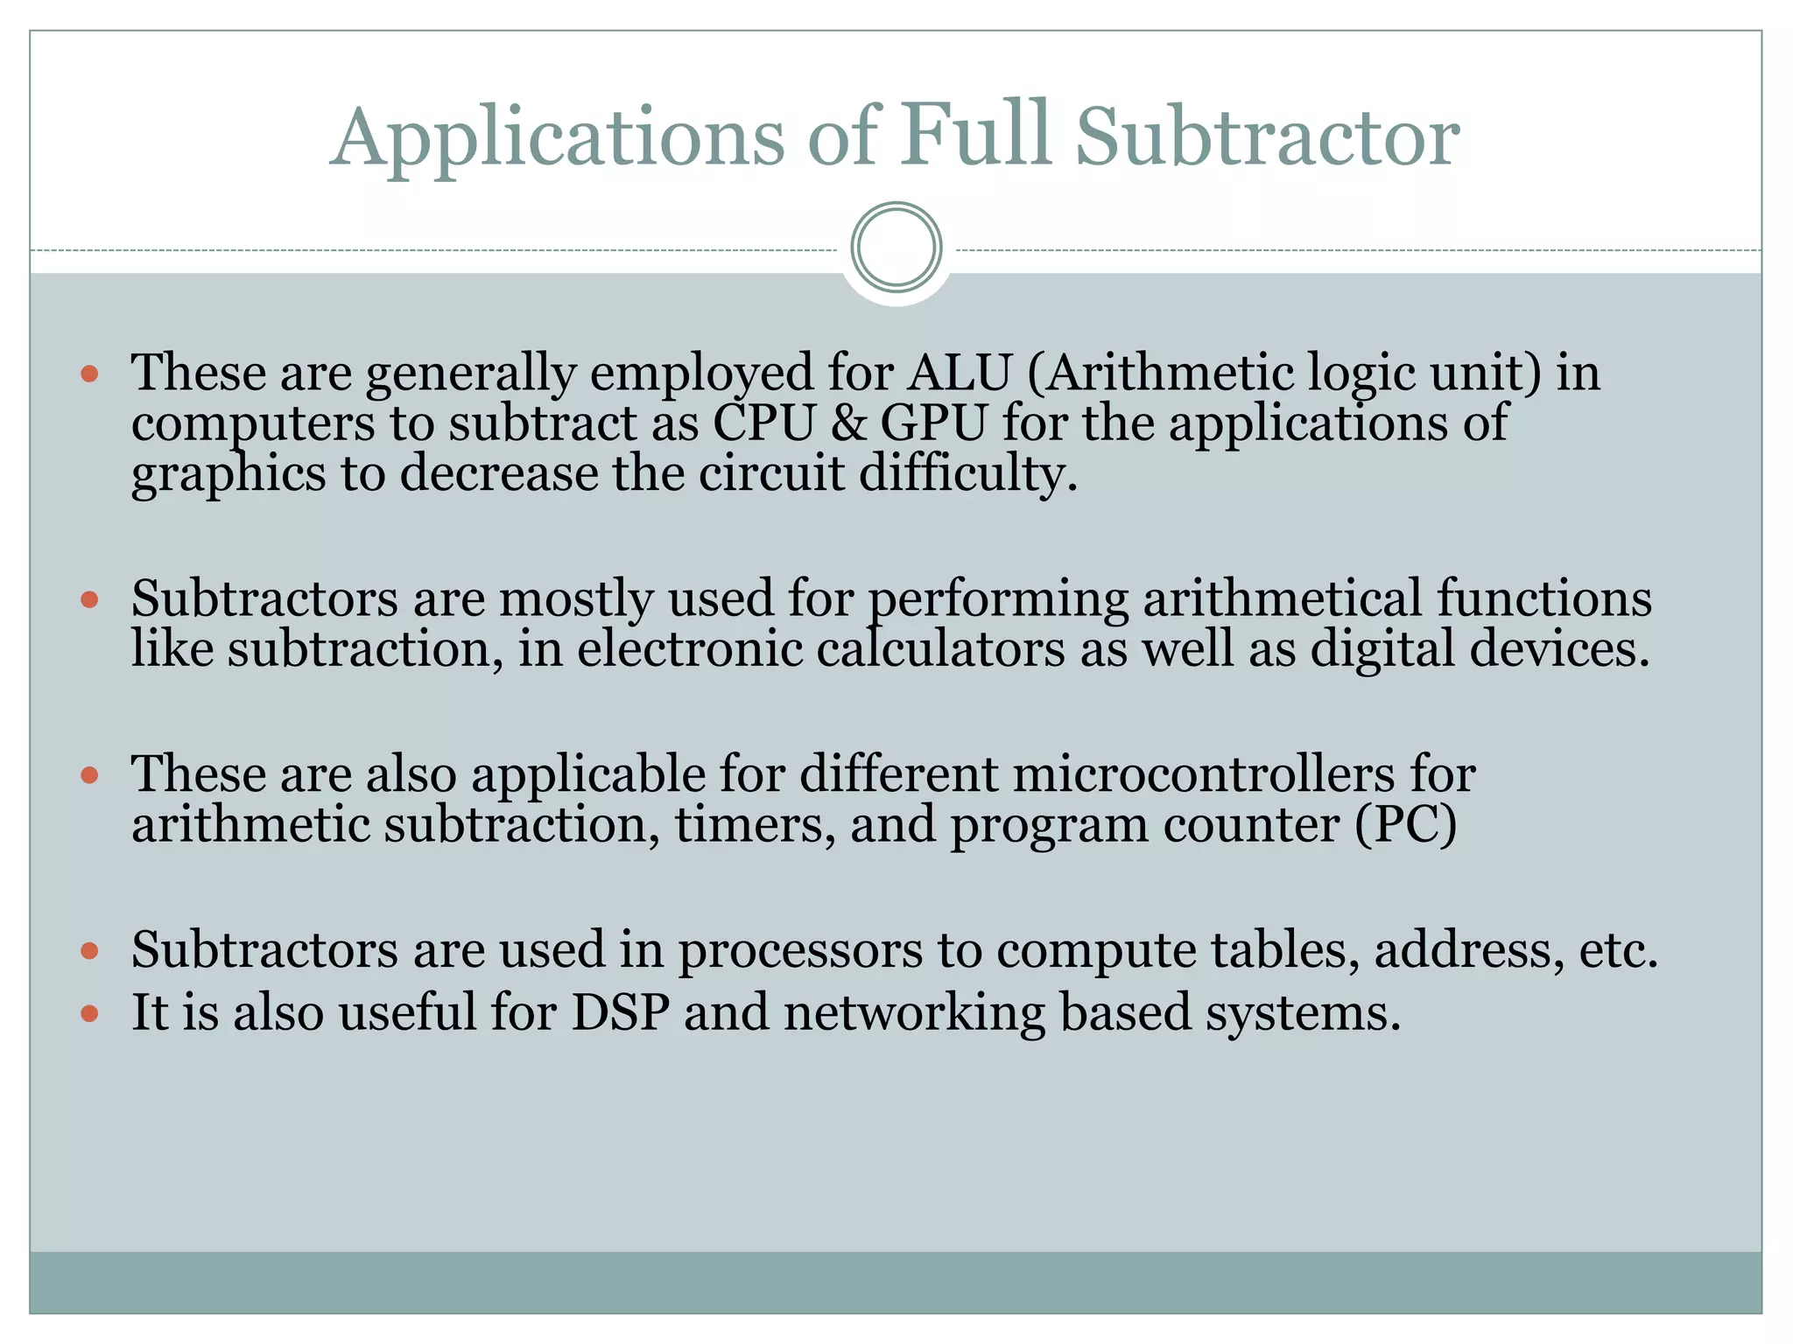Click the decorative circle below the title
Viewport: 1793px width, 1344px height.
click(x=896, y=247)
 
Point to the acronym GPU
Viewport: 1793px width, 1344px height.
click(x=933, y=423)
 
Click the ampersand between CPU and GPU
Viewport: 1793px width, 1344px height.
click(x=847, y=423)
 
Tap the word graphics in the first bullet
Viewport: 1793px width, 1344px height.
click(x=229, y=475)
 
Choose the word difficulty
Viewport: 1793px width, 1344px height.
click(x=967, y=473)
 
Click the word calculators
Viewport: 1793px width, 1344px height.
click(x=940, y=649)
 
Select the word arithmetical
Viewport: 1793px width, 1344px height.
click(x=1282, y=598)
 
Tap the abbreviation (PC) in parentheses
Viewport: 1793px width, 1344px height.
click(x=1406, y=825)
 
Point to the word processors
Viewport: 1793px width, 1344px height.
click(x=800, y=950)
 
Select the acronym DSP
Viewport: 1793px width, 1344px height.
click(x=621, y=1012)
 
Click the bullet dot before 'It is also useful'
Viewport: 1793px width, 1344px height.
click(x=89, y=1013)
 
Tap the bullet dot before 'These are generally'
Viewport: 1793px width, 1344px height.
click(x=89, y=374)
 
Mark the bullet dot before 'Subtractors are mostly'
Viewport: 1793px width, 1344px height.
click(x=89, y=600)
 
